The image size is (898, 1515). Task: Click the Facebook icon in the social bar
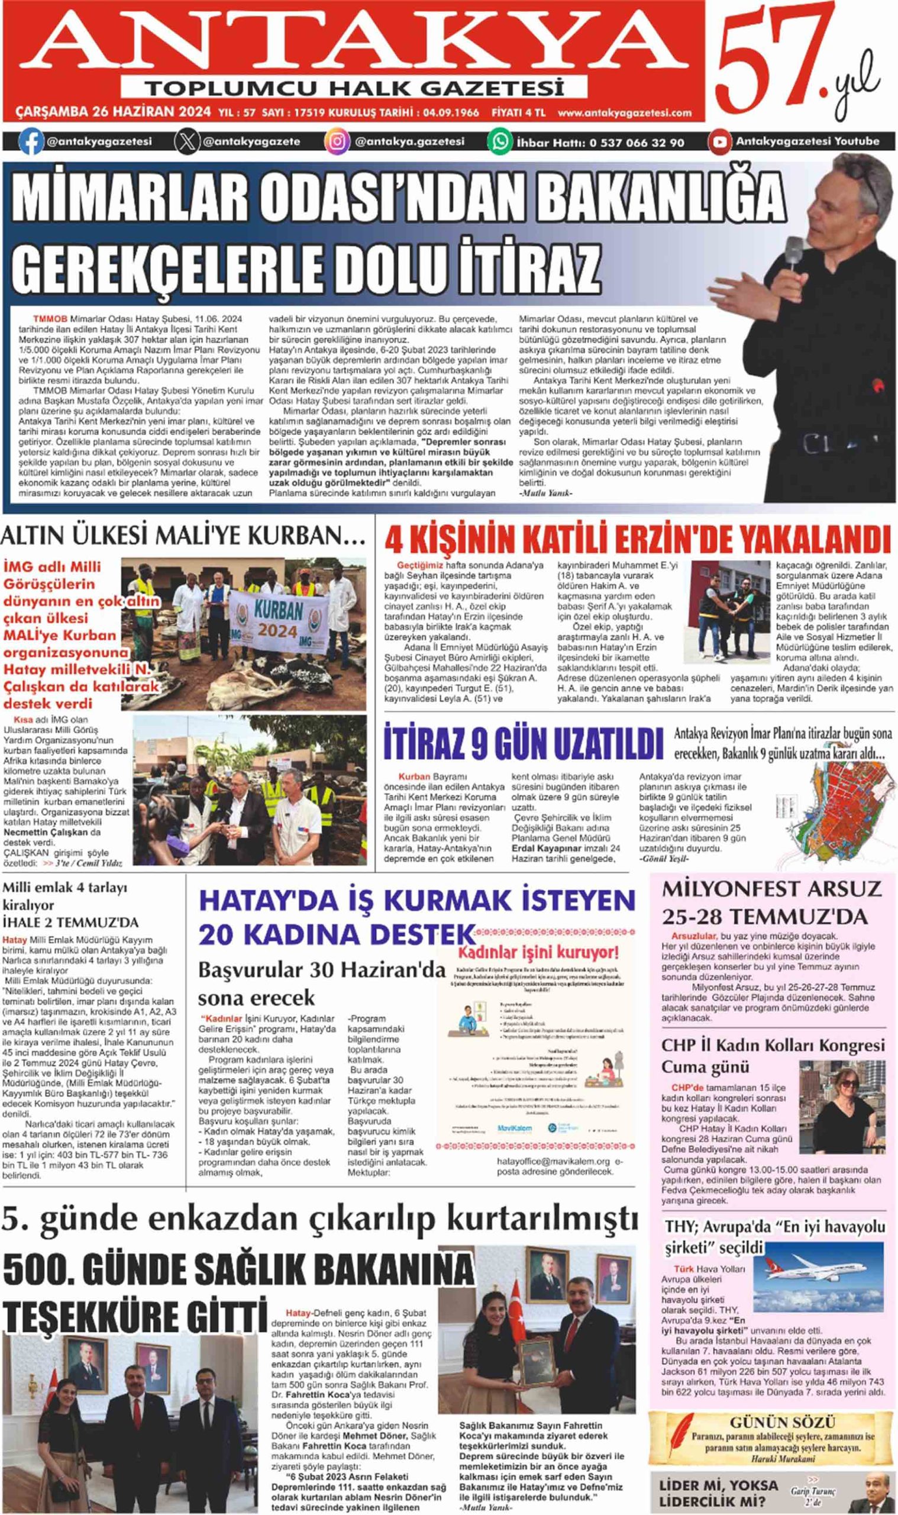31,141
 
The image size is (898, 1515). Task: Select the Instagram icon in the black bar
337,141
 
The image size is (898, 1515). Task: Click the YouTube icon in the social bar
720,141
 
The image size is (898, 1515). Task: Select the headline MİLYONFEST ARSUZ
771,889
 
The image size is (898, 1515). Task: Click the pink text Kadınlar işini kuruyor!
538,955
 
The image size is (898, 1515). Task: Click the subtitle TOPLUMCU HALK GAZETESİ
354,88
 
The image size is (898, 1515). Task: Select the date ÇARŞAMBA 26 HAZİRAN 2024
113,112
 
